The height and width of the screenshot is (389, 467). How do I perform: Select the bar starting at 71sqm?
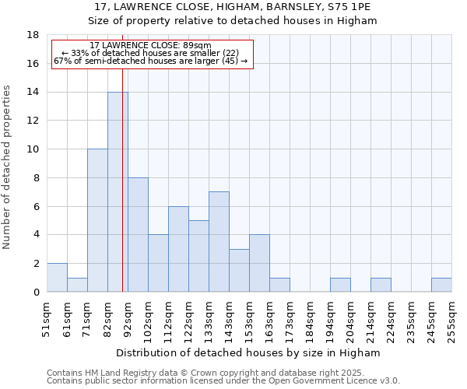[x=97, y=220]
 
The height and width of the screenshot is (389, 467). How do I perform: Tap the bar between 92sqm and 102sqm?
[x=138, y=234]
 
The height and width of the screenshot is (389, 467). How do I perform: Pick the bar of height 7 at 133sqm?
[x=219, y=241]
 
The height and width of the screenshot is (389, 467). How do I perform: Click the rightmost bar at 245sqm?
[x=441, y=285]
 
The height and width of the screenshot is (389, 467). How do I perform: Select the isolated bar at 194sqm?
[x=340, y=285]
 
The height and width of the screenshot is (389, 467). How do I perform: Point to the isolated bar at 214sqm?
[x=381, y=285]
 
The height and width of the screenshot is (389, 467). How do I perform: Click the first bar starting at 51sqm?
[x=57, y=278]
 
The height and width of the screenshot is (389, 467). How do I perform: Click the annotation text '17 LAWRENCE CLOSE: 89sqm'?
[x=150, y=46]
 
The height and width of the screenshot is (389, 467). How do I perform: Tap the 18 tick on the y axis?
[x=33, y=35]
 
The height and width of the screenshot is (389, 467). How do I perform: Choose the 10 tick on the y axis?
[x=33, y=149]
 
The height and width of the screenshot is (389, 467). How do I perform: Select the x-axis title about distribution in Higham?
[x=248, y=352]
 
